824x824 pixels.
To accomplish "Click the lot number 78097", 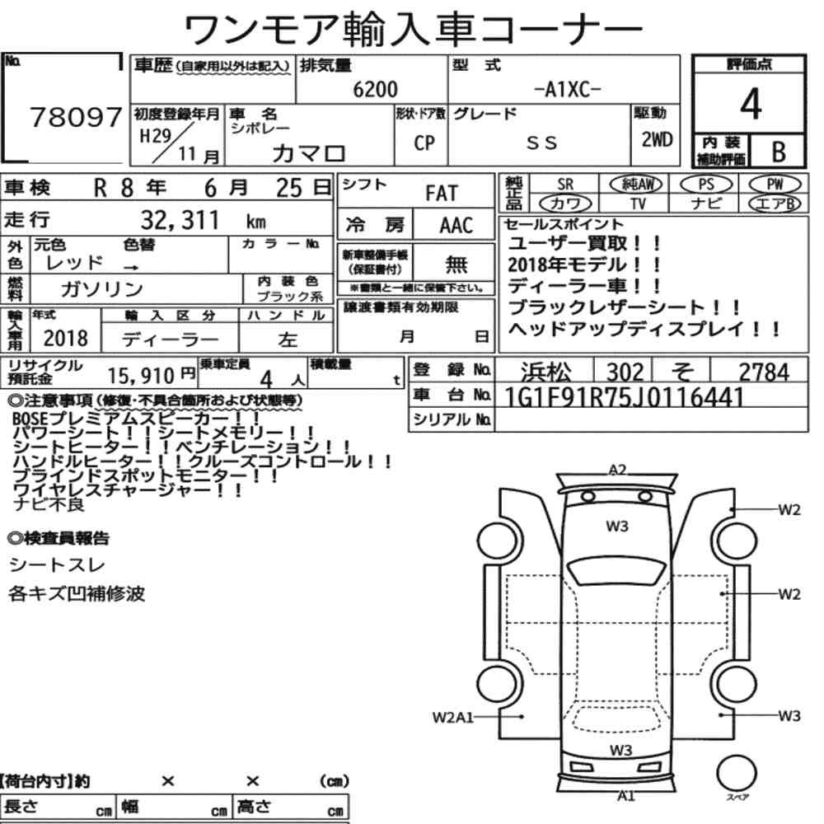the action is (76, 117).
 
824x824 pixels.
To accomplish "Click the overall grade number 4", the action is (751, 104).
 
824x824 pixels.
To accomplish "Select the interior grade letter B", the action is (779, 152).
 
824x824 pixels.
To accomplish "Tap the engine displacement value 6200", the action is (375, 89).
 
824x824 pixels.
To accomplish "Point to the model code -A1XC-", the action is (567, 90).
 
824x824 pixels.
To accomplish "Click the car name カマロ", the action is (309, 153).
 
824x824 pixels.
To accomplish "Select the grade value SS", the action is (541, 143).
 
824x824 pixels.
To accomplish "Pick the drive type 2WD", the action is (657, 140).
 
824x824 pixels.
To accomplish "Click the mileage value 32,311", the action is (180, 220).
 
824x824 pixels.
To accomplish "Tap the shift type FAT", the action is (442, 194).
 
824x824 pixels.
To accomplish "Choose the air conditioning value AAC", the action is (456, 226).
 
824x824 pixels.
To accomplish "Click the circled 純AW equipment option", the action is (636, 184).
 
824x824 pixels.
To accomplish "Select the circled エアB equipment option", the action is (775, 204).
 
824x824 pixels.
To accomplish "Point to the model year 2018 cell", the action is (66, 338).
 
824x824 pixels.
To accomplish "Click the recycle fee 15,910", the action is (141, 376).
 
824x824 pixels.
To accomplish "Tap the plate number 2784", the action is (764, 372).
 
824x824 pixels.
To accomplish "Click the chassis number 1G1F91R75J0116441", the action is (625, 398).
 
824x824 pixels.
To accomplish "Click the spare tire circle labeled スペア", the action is (737, 773).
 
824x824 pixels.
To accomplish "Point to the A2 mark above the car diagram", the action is (617, 470).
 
